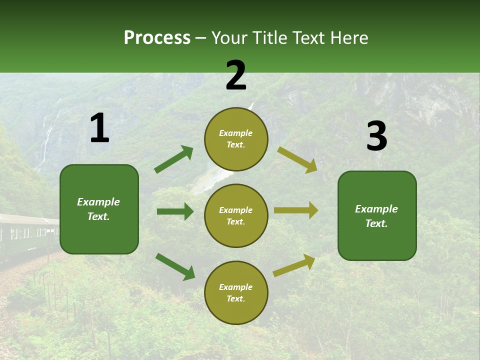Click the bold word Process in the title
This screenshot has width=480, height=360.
pyautogui.click(x=157, y=38)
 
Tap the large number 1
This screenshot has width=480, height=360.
pyautogui.click(x=99, y=128)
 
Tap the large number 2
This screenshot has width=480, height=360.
pyautogui.click(x=236, y=75)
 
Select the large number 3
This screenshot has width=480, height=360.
pyautogui.click(x=376, y=136)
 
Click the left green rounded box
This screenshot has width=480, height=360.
pyautogui.click(x=99, y=209)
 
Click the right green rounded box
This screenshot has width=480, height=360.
pyautogui.click(x=377, y=215)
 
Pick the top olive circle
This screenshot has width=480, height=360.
pyautogui.click(x=236, y=139)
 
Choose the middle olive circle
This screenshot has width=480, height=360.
pyautogui.click(x=236, y=215)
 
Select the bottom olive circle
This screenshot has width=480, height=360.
pyautogui.click(x=236, y=292)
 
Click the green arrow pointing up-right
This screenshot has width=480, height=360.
pyautogui.click(x=174, y=159)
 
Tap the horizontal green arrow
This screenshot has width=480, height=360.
pyautogui.click(x=175, y=211)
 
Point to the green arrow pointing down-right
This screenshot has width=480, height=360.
pyautogui.click(x=175, y=266)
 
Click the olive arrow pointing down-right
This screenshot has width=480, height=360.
pyautogui.click(x=297, y=159)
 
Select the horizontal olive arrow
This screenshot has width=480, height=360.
pyautogui.click(x=296, y=210)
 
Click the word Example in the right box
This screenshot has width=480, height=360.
pyautogui.click(x=376, y=209)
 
